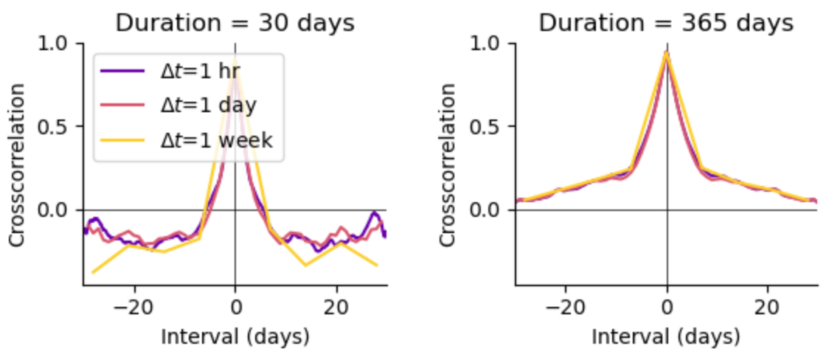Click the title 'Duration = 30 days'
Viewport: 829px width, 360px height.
pyautogui.click(x=235, y=23)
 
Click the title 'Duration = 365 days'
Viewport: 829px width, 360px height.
pyautogui.click(x=666, y=23)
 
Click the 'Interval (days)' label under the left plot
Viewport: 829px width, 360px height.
pyautogui.click(x=235, y=337)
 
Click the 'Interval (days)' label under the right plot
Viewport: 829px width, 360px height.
pyautogui.click(x=666, y=337)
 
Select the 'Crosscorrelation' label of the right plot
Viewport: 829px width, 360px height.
pyautogui.click(x=448, y=164)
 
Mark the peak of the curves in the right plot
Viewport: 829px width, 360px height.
pyautogui.click(x=667, y=52)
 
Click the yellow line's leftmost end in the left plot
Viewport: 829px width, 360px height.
pyautogui.click(x=93, y=272)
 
